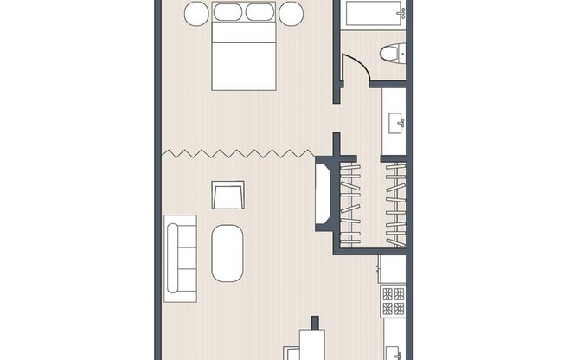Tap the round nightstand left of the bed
tap(196, 14)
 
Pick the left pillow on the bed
tap(228, 13)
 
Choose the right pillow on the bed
tap(259, 13)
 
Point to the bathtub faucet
tap(401, 15)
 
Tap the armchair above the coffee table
tap(228, 195)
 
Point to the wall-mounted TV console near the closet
tap(324, 194)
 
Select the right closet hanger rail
tap(394, 202)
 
